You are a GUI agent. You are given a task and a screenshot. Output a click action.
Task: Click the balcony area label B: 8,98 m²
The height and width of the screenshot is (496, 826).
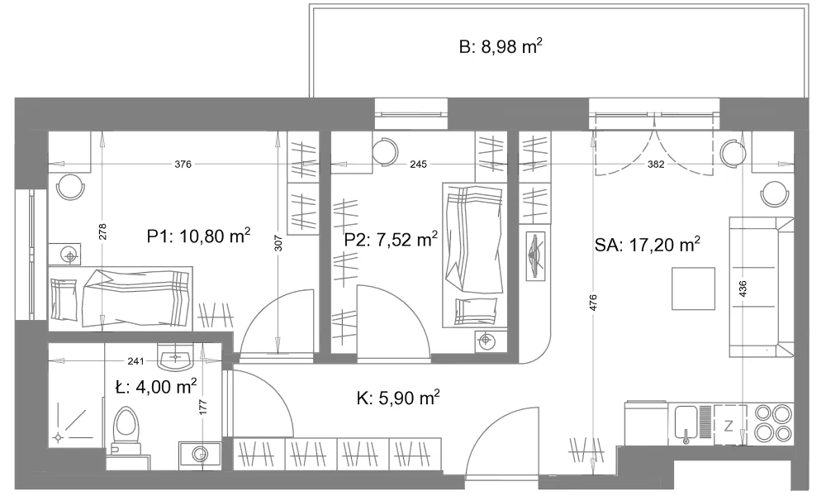(501, 47)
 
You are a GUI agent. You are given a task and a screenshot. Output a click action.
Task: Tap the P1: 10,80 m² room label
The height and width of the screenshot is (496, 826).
(198, 236)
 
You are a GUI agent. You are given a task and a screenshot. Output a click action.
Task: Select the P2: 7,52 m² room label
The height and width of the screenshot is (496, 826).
(391, 240)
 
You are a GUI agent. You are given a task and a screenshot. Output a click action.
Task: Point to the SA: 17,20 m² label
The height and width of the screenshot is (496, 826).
(647, 245)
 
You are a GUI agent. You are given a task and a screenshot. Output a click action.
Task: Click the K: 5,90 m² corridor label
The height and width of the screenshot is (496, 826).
(398, 398)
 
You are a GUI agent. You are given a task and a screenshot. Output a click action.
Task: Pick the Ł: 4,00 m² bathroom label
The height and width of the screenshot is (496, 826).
(156, 387)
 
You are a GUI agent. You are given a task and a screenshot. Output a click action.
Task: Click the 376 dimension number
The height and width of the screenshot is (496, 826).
(183, 165)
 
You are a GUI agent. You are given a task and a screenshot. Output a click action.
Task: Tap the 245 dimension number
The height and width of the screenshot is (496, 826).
(418, 165)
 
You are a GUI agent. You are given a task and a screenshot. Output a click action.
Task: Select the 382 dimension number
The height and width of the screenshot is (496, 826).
(656, 165)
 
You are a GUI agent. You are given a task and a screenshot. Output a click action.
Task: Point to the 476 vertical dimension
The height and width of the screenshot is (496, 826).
(593, 302)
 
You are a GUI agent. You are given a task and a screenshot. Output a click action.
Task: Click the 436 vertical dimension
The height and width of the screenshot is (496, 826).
(743, 289)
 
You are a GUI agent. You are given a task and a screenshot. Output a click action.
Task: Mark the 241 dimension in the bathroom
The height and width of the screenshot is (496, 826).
(136, 361)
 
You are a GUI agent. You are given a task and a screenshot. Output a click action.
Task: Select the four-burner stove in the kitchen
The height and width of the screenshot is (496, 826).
(773, 422)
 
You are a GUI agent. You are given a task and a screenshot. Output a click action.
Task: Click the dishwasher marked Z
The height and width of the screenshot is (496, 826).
(729, 425)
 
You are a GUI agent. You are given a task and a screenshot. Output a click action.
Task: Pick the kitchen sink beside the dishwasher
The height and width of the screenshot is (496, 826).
(686, 424)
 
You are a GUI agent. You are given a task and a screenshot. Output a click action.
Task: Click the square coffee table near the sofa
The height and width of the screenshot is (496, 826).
(693, 289)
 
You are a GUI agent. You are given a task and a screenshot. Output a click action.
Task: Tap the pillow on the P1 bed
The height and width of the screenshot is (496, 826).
(64, 299)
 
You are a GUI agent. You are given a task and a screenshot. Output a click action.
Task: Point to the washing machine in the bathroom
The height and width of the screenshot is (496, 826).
(199, 453)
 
